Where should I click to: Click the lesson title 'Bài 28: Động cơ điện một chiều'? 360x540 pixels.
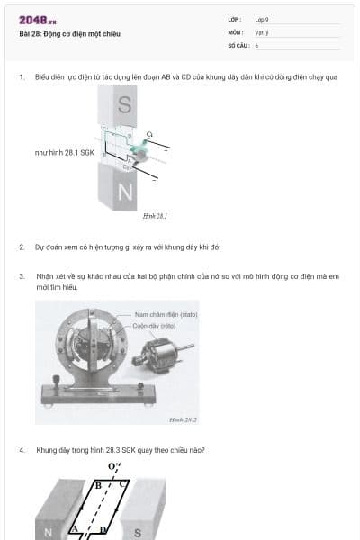click(x=69, y=34)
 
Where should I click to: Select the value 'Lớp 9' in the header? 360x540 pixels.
click(x=262, y=19)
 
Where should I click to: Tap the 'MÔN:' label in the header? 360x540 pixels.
click(x=236, y=31)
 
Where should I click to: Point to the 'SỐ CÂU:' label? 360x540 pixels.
click(x=238, y=44)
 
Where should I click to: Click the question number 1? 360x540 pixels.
click(x=21, y=77)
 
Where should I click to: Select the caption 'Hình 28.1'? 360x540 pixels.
click(x=156, y=216)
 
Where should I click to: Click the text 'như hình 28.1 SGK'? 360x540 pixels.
click(x=65, y=153)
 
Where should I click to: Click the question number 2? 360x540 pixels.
click(x=21, y=246)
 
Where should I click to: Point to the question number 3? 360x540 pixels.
click(x=21, y=276)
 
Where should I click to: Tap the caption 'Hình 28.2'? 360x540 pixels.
click(x=183, y=419)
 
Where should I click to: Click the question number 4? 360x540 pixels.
click(x=21, y=449)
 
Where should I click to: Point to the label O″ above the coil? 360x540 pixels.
click(x=113, y=466)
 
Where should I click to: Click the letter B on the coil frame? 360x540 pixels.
click(x=98, y=485)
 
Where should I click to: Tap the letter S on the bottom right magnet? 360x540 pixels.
click(x=138, y=532)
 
